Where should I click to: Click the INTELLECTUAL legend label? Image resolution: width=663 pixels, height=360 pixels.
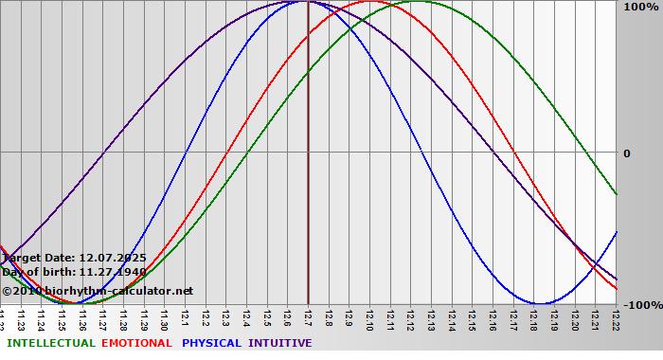(50, 343)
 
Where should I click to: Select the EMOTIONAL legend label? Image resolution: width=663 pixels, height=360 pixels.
(138, 343)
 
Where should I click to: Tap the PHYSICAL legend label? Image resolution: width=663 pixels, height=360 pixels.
(212, 343)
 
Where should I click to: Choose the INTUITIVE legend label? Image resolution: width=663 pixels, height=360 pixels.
(279, 343)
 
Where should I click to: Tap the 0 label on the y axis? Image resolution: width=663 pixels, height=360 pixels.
(626, 153)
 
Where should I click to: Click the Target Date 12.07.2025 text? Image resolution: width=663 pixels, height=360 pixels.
(74, 257)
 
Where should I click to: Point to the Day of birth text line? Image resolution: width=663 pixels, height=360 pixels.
(74, 272)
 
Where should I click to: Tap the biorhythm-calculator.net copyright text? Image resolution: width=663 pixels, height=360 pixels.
(97, 291)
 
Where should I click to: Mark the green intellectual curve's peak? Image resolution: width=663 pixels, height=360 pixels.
(417, 2)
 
